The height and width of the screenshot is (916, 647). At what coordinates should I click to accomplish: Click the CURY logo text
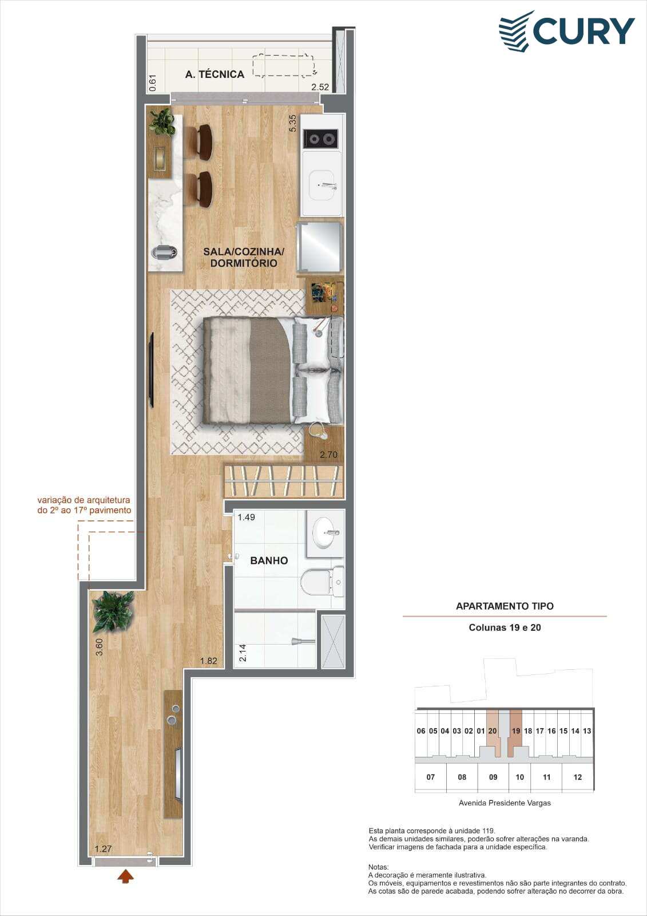(x=584, y=31)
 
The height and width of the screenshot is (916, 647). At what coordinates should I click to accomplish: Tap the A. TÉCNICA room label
(x=215, y=74)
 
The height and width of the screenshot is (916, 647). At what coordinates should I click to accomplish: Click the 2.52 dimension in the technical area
(x=320, y=86)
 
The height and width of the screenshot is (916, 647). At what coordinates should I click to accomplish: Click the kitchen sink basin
(x=324, y=185)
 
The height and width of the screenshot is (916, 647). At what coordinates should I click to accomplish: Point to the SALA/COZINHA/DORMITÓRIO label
(x=244, y=257)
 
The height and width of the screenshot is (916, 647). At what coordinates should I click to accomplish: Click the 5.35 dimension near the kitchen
(x=292, y=123)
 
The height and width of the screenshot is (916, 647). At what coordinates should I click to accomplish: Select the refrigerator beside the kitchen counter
(x=320, y=247)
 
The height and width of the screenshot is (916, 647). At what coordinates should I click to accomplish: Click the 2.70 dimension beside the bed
(x=328, y=455)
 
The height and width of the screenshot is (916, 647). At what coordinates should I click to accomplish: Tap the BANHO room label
(x=269, y=560)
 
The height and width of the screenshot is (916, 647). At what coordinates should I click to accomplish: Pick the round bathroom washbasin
(x=326, y=532)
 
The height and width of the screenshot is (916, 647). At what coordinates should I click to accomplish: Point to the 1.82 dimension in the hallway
(x=208, y=661)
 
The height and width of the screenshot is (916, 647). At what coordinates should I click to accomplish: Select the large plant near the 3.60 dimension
(x=113, y=611)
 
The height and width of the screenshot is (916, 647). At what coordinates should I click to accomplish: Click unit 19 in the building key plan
(x=516, y=731)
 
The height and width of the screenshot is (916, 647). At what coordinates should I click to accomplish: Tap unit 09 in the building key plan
(x=493, y=777)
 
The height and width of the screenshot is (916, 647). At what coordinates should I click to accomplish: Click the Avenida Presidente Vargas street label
(x=505, y=803)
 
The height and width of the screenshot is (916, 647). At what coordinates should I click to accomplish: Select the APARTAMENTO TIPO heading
(x=505, y=606)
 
